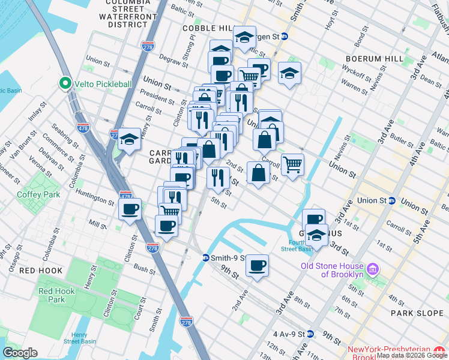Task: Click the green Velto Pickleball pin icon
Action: coord(64,84)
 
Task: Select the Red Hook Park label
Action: coord(56,295)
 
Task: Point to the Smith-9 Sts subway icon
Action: coord(205,257)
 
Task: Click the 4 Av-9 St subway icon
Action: coord(310,334)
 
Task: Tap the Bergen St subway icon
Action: coord(285,37)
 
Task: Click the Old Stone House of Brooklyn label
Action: coord(332,270)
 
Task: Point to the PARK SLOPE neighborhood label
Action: coord(415,313)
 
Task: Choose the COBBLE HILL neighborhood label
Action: coord(206,28)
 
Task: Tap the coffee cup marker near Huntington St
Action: coord(130,209)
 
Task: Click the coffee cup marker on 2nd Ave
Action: coord(257,265)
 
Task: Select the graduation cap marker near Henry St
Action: coord(129,139)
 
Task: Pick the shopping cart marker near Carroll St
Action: coord(292,163)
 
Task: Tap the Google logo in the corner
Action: coord(20,353)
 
